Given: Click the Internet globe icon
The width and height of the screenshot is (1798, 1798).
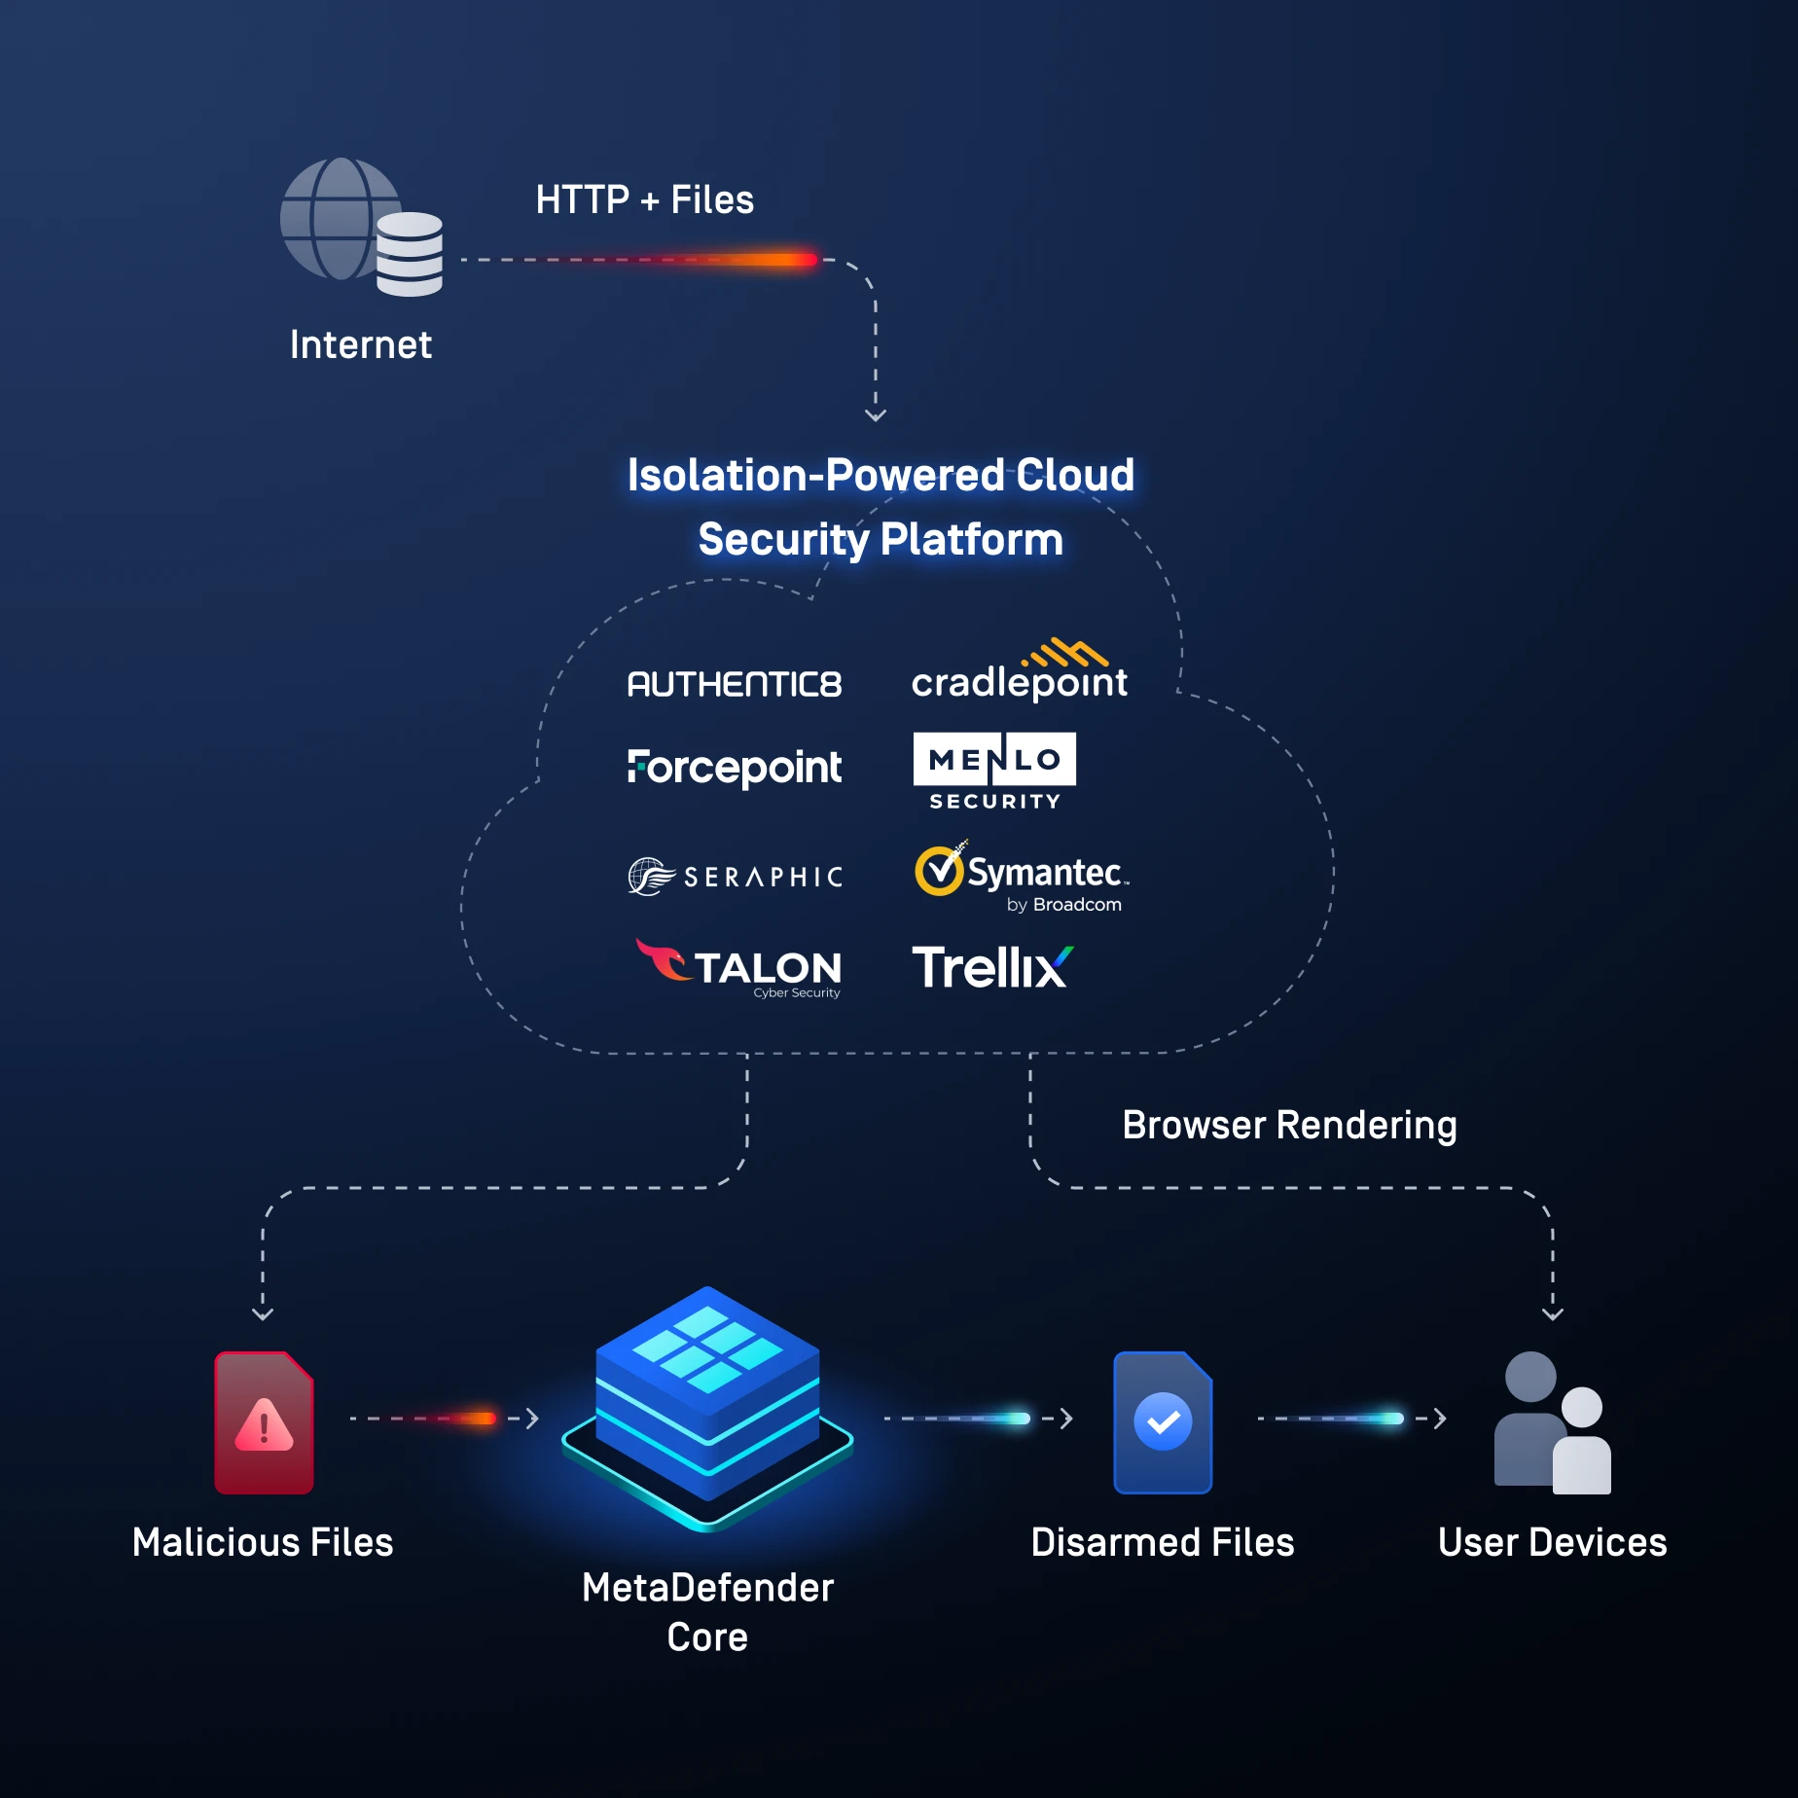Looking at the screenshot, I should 336,219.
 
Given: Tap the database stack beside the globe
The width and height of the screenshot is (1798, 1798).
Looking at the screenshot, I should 410,254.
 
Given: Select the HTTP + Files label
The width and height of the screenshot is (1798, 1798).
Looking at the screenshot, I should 644,199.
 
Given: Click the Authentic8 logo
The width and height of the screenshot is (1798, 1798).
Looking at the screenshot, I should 735,684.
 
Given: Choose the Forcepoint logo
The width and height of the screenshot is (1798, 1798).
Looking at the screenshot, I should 735,768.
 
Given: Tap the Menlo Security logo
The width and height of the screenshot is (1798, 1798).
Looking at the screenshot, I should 994,772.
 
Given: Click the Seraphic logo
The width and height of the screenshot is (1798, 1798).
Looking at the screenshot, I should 735,877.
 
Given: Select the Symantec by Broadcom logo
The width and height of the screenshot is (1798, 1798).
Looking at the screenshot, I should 1021,877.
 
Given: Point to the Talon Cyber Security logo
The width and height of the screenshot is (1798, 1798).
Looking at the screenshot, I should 739,968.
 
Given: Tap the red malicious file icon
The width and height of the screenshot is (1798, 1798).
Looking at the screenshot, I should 264,1422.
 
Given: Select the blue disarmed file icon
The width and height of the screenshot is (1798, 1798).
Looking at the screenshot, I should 1163,1422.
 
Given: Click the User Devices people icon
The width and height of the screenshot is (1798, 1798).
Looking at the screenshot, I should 1553,1422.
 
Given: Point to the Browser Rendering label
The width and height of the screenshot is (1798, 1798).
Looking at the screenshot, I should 1289,1125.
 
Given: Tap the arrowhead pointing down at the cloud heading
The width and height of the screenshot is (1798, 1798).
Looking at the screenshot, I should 876,414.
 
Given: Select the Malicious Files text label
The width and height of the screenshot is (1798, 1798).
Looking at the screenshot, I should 263,1542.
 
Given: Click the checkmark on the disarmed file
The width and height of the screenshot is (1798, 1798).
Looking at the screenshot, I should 1163,1421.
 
